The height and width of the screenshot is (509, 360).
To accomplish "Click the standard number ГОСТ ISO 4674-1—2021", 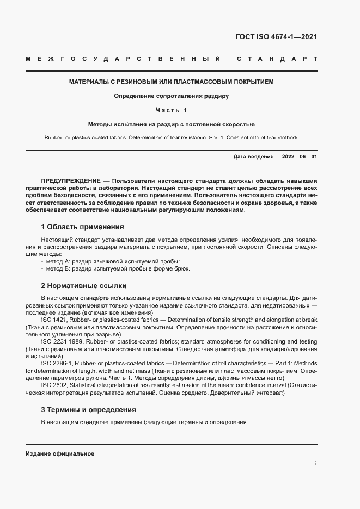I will tap(275, 37).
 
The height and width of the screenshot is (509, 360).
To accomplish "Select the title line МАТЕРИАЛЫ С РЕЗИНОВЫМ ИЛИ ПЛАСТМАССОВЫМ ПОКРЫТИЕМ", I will tap(171, 82).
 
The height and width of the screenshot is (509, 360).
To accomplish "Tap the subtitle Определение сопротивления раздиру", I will tap(171, 96).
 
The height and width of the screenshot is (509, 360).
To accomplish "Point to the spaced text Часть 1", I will tap(171, 111).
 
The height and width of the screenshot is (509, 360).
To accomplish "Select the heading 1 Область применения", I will tap(82, 226).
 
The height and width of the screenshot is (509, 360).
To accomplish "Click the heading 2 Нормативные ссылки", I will tap(83, 285).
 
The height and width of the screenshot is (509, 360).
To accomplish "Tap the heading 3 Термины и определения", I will tap(88, 409).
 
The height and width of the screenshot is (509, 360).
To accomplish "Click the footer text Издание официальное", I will tap(60, 453).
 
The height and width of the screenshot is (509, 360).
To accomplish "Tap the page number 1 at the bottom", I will tap(316, 463).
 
